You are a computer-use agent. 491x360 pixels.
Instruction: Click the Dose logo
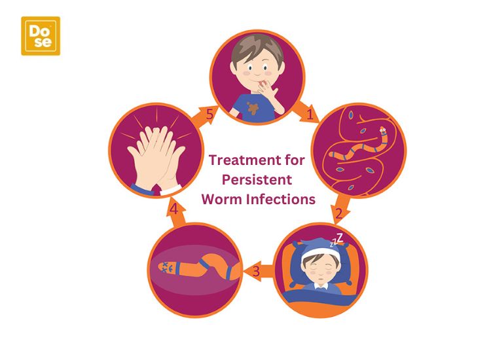pos(41,36)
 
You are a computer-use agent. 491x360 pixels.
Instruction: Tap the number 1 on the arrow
pos(310,115)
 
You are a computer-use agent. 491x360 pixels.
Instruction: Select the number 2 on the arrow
pos(339,213)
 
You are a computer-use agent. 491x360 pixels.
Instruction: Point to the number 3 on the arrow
pos(256,271)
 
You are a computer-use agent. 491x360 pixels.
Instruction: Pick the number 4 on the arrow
pos(174,209)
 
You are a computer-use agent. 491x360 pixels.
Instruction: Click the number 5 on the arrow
pos(209,115)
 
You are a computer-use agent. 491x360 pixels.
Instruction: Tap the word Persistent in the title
pos(257,180)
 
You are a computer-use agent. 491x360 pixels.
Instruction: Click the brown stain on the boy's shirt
pos(253,108)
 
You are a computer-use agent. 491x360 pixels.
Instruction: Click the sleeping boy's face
pos(320,268)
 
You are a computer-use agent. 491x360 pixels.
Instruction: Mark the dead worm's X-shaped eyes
pos(166,267)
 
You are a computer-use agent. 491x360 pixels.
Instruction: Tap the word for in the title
pos(295,160)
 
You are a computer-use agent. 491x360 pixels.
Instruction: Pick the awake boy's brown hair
pos(257,47)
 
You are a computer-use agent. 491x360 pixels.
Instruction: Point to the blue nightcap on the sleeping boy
pos(319,245)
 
